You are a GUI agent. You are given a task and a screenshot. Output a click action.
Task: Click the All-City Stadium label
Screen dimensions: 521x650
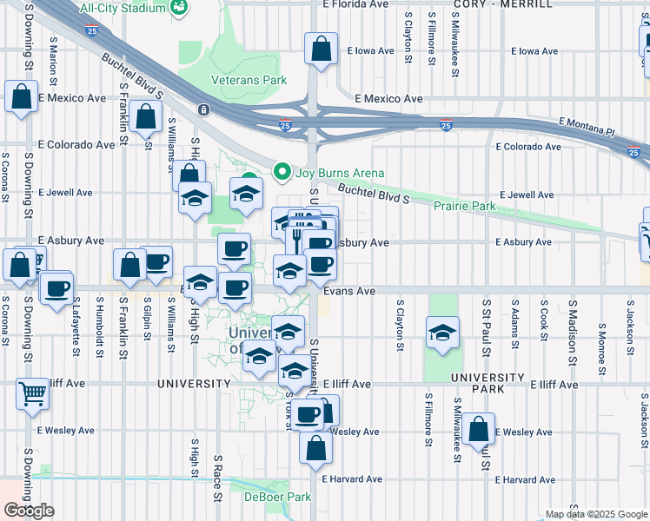tap(122, 8)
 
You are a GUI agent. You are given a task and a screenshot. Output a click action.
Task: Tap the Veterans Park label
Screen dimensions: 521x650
tap(249, 80)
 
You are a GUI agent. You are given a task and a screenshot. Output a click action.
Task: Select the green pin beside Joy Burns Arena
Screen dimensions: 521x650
tap(281, 171)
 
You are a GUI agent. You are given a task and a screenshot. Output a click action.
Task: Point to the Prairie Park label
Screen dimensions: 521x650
tap(465, 206)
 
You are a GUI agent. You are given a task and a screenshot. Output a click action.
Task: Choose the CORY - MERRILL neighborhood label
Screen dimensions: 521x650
tap(502, 4)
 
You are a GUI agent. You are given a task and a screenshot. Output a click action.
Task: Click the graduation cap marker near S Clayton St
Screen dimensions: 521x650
tap(442, 333)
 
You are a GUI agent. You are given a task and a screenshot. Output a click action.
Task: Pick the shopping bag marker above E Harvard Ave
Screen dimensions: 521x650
tap(315, 446)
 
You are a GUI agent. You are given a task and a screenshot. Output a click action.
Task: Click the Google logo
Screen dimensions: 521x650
tap(30, 510)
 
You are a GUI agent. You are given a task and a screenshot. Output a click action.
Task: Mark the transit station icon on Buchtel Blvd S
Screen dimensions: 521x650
tap(202, 109)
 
